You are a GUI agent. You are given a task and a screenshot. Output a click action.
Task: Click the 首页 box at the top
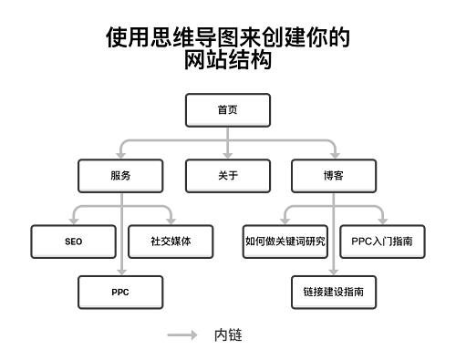point(227,110)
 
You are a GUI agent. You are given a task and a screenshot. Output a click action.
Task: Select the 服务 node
point(119,176)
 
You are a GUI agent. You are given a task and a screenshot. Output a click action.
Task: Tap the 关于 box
point(227,176)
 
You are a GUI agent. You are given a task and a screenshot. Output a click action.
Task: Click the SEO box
point(73,242)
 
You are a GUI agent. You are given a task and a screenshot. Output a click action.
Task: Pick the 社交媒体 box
point(170,242)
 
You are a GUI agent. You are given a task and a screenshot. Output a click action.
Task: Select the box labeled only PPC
point(120,293)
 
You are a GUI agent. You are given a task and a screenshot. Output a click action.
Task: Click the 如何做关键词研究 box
point(285,242)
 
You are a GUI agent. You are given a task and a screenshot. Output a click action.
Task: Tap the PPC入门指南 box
point(382,242)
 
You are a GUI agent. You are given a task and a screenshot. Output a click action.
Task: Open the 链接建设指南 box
point(334,293)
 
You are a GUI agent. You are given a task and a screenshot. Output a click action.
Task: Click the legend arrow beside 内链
point(182,335)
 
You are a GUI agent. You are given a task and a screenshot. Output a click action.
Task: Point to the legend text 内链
point(228,335)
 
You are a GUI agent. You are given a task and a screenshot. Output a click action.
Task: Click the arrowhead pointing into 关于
point(227,156)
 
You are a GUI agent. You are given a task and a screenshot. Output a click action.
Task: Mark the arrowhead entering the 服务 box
point(120,156)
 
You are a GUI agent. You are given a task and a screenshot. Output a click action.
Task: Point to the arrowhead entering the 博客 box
point(334,156)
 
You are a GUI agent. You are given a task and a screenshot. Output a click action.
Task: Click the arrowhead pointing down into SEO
point(73,221)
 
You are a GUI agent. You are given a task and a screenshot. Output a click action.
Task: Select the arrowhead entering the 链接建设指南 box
point(334,273)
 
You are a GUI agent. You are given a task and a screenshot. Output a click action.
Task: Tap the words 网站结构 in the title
point(227,61)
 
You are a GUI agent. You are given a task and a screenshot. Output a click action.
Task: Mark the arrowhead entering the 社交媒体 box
point(170,221)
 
